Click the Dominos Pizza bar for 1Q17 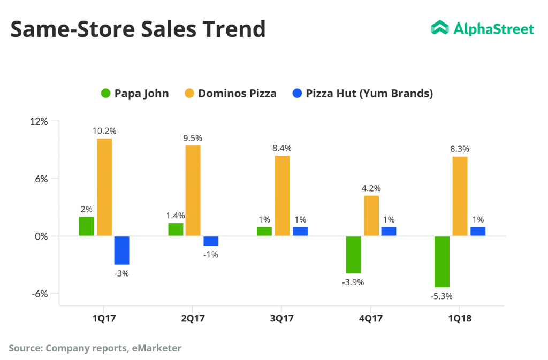coord(104,187)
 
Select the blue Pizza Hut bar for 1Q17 coord(122,250)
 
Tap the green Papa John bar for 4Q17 coord(353,254)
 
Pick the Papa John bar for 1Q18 coord(442,261)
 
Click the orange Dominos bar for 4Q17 coord(371,216)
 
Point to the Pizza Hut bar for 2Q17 coord(211,241)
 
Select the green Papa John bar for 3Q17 coord(264,231)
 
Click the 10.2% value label coord(104,131)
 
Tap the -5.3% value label coord(442,296)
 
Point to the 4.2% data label coord(371,188)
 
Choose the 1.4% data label coord(176,215)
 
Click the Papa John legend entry coord(135,94)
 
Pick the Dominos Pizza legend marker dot coord(190,94)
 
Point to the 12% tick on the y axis coord(39,121)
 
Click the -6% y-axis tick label coord(39,294)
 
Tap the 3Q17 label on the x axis coord(282,318)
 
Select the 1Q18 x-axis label coord(460,318)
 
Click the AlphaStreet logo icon coord(440,28)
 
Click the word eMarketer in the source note coord(156,348)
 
